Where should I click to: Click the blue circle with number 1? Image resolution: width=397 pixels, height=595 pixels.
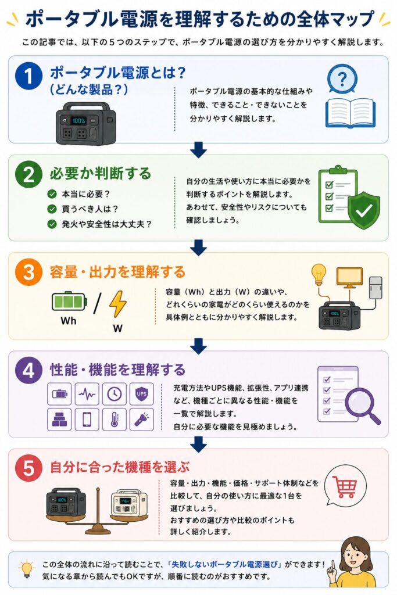tap(28, 76)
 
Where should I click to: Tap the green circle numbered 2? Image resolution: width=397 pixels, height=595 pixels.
tap(28, 174)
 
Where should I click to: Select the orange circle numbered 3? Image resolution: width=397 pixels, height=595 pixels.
tap(28, 272)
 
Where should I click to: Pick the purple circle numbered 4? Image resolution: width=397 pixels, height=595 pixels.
tap(28, 370)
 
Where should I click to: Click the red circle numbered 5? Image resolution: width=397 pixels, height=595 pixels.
tap(28, 468)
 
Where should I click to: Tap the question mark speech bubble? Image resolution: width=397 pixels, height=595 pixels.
tap(342, 79)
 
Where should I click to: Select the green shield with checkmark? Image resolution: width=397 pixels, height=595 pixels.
tap(364, 210)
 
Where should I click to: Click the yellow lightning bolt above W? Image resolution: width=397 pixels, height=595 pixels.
tap(117, 304)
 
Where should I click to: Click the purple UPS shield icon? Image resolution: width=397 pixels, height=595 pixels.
tap(142, 395)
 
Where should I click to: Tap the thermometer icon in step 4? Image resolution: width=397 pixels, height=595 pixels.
tap(115, 420)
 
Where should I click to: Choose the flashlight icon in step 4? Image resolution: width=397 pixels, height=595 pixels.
tap(142, 420)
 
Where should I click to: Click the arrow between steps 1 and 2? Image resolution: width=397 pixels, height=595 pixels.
tap(199, 149)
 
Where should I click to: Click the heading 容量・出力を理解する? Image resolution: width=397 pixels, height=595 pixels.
tap(117, 272)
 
